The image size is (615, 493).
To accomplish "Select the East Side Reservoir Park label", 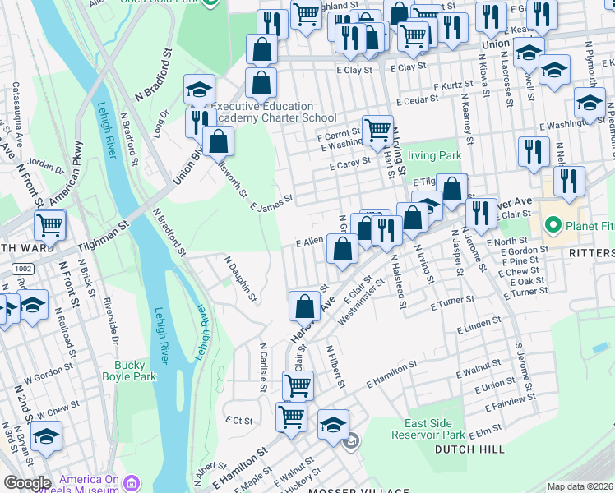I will pyautogui.click(x=428, y=429).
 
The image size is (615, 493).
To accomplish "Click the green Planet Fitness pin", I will pyautogui.click(x=553, y=224).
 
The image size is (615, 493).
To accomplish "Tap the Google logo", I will pyautogui.click(x=27, y=483).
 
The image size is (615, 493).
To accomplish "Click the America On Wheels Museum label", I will pyautogui.click(x=101, y=485).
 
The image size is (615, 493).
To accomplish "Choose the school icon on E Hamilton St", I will pyautogui.click(x=333, y=425).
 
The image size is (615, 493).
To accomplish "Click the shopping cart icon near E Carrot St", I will pyautogui.click(x=377, y=129).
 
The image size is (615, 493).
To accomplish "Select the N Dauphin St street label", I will pyautogui.click(x=240, y=277).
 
